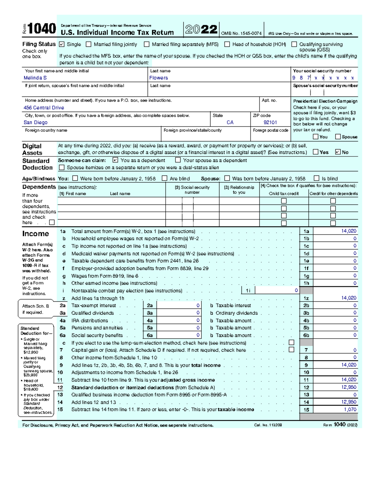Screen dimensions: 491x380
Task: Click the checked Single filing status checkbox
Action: (x=62, y=45)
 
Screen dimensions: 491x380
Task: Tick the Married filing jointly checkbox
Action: (x=89, y=45)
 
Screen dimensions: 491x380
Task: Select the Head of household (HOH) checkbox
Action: (x=227, y=45)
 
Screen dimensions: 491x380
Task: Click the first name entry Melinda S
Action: (x=35, y=78)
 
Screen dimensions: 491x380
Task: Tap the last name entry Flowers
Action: (x=159, y=78)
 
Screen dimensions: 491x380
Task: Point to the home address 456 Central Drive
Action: (x=44, y=108)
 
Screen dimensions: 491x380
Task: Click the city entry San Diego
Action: (x=35, y=123)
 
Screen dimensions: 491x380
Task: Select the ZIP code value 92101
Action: (x=270, y=123)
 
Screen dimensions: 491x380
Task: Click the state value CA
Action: (x=230, y=123)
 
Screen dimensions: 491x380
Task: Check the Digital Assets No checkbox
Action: (x=338, y=152)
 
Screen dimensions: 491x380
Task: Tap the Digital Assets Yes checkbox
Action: (x=315, y=152)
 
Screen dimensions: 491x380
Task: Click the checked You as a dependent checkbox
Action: (x=115, y=160)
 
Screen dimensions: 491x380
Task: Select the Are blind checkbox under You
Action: (x=164, y=178)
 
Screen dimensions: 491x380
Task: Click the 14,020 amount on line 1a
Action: (x=349, y=231)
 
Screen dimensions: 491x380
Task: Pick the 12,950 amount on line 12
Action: (x=349, y=387)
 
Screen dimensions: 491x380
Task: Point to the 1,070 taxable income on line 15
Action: (x=350, y=409)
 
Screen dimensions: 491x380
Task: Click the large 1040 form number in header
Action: (x=42, y=29)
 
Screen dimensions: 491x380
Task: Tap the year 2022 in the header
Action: (x=201, y=30)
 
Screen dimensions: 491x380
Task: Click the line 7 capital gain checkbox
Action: (x=292, y=350)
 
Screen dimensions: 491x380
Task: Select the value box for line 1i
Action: (x=277, y=291)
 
